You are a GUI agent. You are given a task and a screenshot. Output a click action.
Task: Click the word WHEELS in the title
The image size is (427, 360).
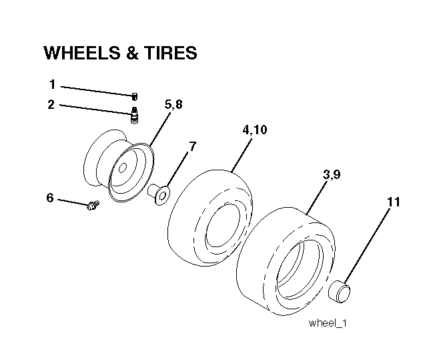click(x=82, y=53)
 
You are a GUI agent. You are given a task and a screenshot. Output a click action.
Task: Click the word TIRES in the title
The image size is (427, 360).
click(x=171, y=53)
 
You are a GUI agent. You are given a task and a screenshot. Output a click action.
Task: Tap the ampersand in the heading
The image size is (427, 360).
click(x=132, y=53)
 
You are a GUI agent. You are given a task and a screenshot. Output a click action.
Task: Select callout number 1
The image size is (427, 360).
click(x=53, y=84)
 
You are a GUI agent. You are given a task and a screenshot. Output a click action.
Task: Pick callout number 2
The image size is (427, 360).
click(x=51, y=105)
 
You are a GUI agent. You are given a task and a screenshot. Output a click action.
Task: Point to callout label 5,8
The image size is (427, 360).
click(x=173, y=104)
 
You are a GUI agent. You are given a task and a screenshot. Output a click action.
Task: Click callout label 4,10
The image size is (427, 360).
click(x=255, y=130)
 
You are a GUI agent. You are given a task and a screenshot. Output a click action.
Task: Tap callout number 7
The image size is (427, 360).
click(x=193, y=147)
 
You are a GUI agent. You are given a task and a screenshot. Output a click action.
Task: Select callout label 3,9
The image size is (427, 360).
click(x=332, y=174)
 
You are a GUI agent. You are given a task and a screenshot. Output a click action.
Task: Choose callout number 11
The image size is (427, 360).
click(x=394, y=202)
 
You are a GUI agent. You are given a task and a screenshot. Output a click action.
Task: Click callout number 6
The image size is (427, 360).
click(x=50, y=198)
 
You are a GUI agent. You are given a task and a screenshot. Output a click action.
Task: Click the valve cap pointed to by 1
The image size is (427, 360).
click(x=135, y=97)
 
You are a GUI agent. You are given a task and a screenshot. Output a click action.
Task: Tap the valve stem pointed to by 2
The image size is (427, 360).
click(x=134, y=116)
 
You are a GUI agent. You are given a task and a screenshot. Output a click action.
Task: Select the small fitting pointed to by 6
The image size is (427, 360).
click(x=93, y=205)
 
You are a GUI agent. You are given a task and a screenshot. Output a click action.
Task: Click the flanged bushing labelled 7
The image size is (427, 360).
click(x=159, y=194)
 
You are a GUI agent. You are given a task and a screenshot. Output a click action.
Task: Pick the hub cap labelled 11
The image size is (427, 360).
click(x=340, y=292)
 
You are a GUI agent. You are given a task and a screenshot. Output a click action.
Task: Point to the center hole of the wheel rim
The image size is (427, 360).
click(x=123, y=168)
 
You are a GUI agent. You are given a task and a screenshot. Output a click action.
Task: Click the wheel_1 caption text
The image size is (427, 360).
click(x=328, y=323)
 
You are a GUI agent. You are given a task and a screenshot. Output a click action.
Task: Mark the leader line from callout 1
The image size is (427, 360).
click(x=97, y=91)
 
